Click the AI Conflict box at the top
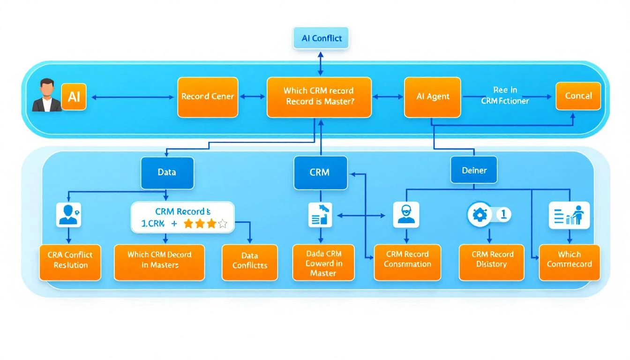pos(321,38)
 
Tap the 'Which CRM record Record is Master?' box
pos(319,97)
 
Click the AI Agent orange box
pos(433,97)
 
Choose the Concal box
pos(578,96)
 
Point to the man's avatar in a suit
pos(46,96)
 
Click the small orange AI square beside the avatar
pos(74,97)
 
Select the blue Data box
pos(167,172)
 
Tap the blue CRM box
pos(320,172)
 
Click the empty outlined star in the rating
pos(223,224)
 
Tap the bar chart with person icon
pos(569,215)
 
